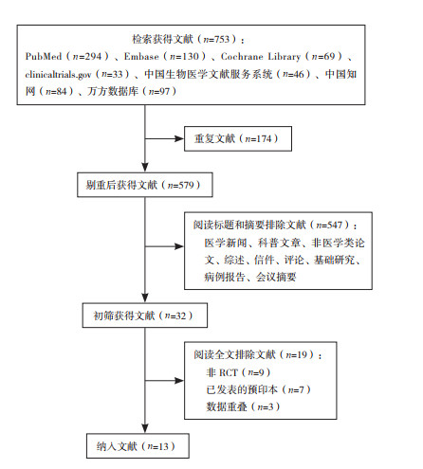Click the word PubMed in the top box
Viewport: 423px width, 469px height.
click(x=44, y=57)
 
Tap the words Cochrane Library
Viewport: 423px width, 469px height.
click(x=261, y=57)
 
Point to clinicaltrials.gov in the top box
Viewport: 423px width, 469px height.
click(x=58, y=75)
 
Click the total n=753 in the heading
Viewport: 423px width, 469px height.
click(x=216, y=39)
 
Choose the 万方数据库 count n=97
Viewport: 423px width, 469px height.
click(x=159, y=92)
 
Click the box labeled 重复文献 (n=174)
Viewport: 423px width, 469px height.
click(x=238, y=138)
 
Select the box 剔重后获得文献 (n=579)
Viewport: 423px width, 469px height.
click(x=145, y=185)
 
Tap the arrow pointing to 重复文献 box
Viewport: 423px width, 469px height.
click(x=164, y=138)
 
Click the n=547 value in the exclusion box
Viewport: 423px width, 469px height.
click(x=329, y=225)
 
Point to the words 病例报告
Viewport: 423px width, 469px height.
click(x=225, y=277)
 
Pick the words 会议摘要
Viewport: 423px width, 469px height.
click(x=276, y=277)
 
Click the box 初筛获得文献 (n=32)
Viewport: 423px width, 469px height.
click(x=145, y=316)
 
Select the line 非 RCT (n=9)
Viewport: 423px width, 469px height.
click(x=238, y=372)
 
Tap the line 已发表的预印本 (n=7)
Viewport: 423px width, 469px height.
click(x=258, y=389)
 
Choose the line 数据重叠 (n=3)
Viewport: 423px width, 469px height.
click(x=243, y=406)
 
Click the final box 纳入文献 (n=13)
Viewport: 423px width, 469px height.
click(x=138, y=446)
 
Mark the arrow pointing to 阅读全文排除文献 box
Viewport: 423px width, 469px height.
click(x=164, y=381)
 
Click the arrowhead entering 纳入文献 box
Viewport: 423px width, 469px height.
click(x=145, y=428)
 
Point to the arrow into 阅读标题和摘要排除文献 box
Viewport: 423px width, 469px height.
click(x=164, y=246)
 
